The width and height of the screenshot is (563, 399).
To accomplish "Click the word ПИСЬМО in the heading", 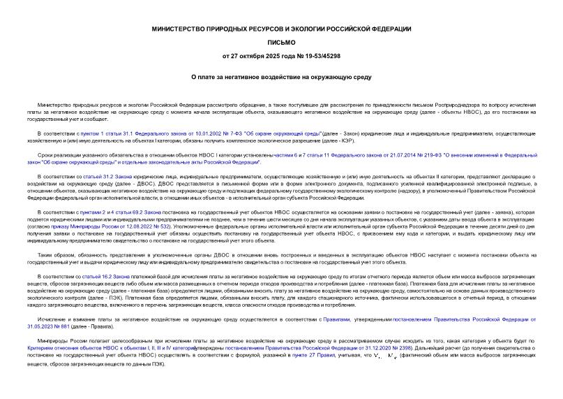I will coord(281,41).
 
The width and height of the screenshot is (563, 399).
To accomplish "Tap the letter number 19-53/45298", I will coord(321,55).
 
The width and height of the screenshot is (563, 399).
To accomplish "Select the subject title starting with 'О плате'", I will coord(281,77).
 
